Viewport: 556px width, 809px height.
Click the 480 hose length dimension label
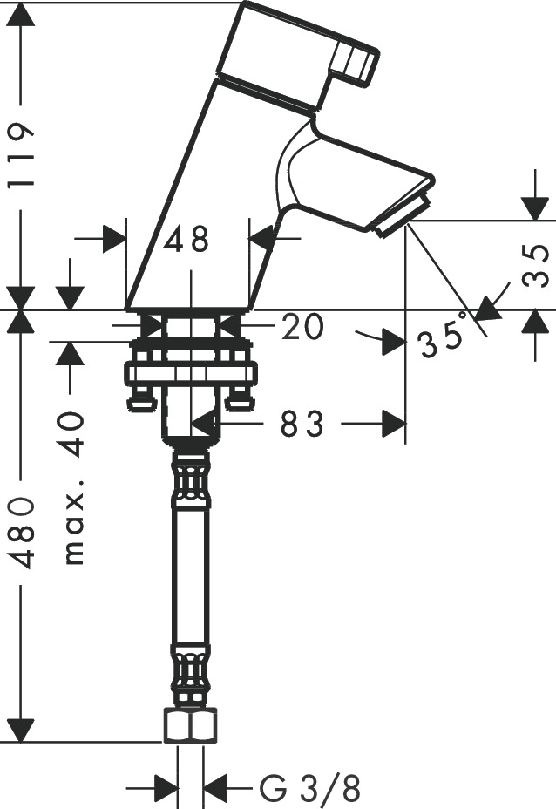[x=21, y=533]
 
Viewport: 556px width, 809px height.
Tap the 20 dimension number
[x=302, y=327]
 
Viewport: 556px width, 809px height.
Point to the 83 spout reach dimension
[x=302, y=424]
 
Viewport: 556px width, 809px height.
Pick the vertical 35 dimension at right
[x=535, y=266]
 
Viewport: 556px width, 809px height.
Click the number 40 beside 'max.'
[x=71, y=434]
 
